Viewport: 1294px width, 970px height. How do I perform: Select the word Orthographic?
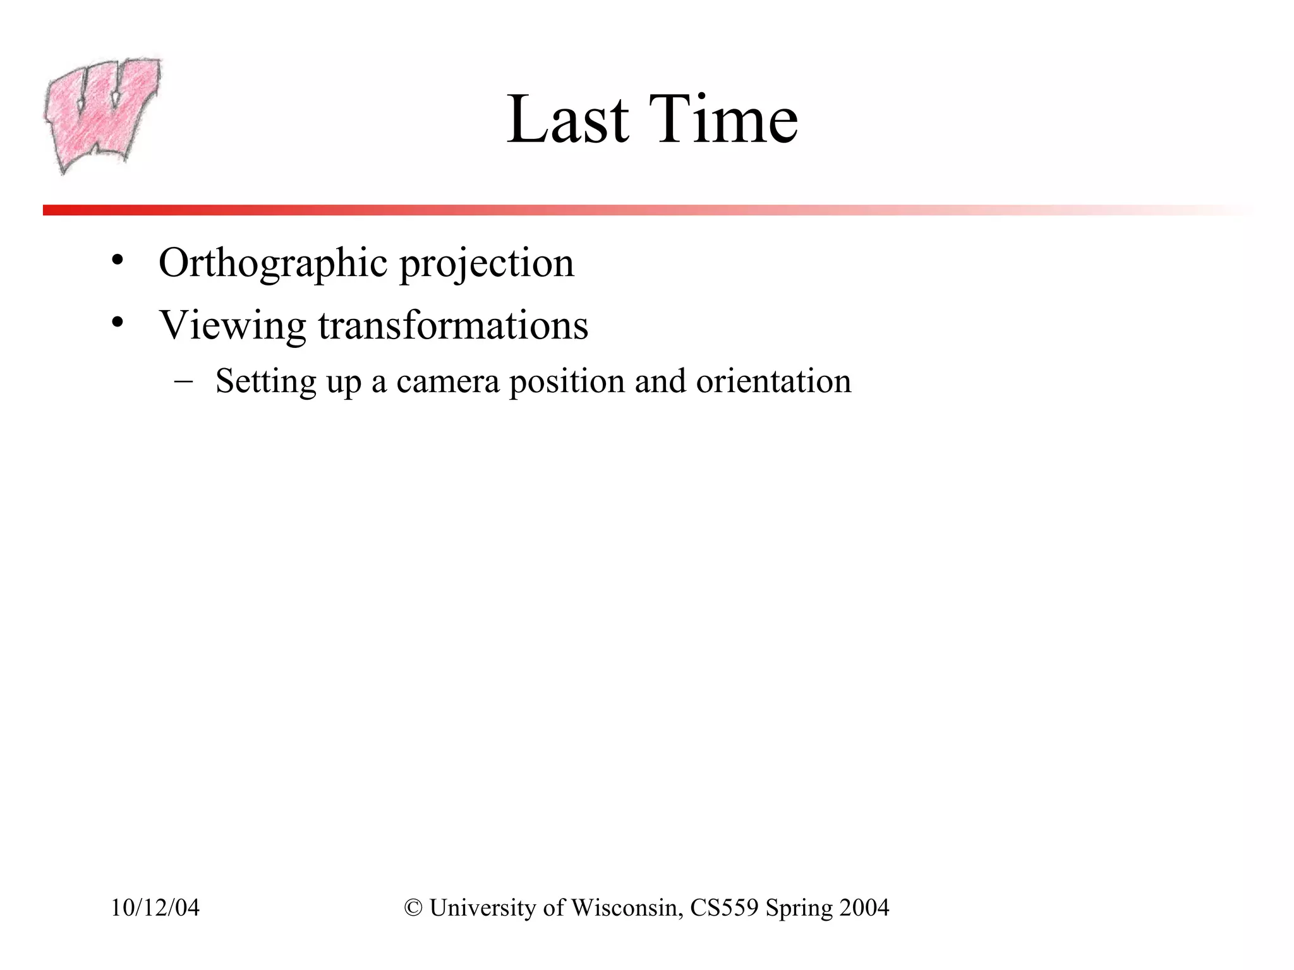(x=272, y=263)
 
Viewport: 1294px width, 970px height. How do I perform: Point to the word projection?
(x=487, y=264)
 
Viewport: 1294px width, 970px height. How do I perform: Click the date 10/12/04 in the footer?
(x=155, y=907)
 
